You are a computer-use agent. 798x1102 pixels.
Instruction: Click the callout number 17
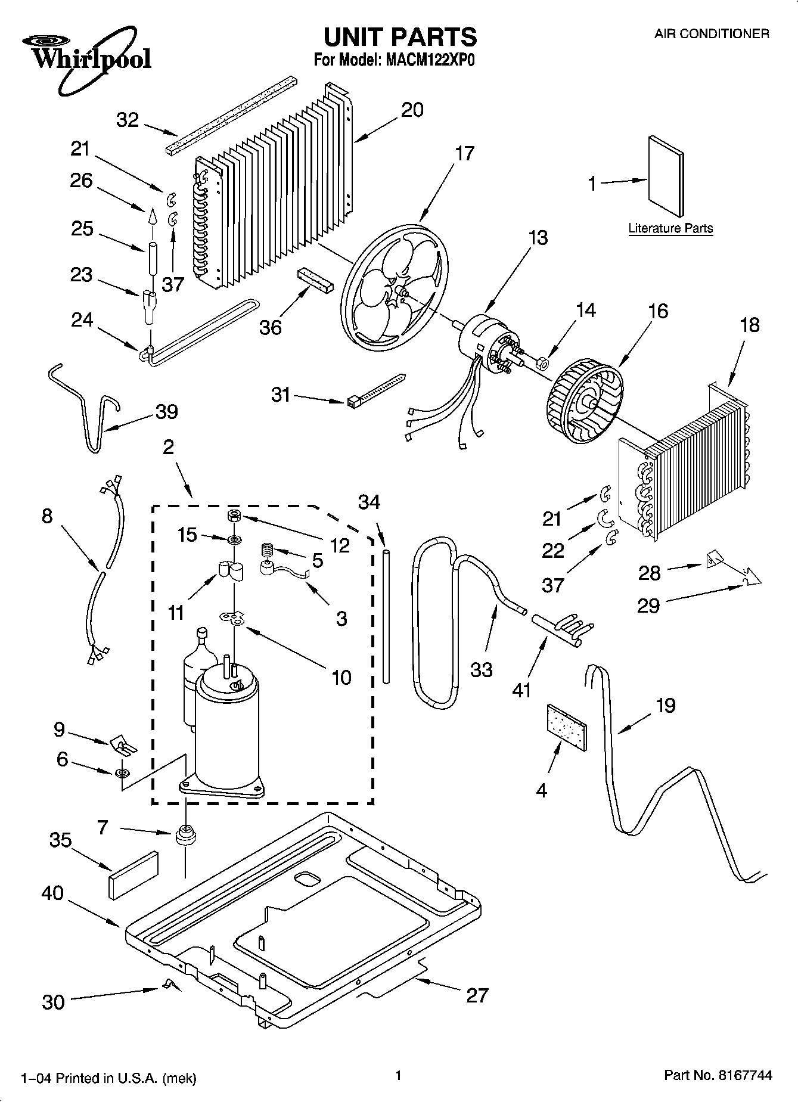click(464, 153)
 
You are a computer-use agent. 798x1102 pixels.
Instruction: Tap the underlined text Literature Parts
click(670, 228)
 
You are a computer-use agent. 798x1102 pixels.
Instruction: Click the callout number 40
click(52, 893)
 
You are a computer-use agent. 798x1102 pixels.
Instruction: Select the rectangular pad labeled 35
click(133, 874)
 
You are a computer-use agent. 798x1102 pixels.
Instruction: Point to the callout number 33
click(481, 670)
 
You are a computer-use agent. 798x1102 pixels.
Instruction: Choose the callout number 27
click(477, 995)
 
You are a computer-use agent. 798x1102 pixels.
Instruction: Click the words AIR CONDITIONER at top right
click(712, 34)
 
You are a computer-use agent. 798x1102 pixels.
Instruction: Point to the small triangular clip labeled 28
click(714, 560)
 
